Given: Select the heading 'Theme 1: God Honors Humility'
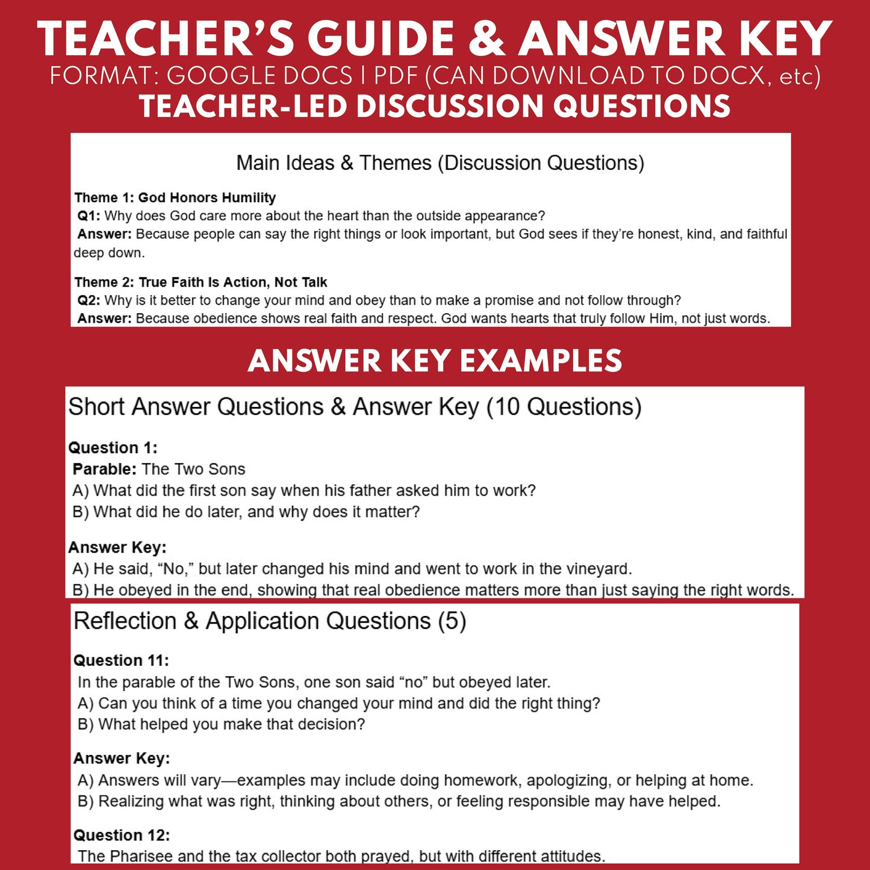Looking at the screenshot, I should click(175, 197).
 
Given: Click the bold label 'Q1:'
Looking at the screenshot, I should click(89, 216).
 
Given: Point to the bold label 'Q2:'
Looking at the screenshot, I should click(89, 300).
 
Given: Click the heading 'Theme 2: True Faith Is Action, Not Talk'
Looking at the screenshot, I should click(200, 282).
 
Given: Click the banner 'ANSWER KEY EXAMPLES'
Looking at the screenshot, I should click(435, 361).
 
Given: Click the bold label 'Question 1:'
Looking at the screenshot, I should click(113, 448).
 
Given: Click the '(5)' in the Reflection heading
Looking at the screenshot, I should click(452, 621).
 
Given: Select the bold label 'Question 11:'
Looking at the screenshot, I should click(121, 660).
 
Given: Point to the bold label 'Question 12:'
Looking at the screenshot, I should click(122, 835).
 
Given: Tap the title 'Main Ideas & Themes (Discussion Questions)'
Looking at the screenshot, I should click(440, 163).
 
